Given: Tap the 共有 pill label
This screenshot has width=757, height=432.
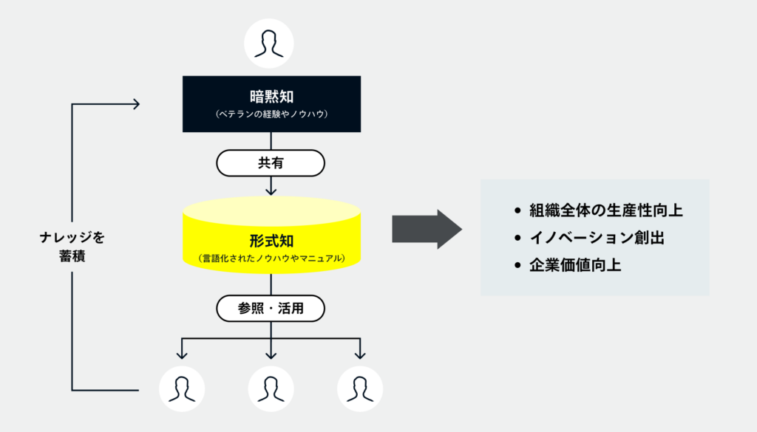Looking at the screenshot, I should pyautogui.click(x=270, y=163).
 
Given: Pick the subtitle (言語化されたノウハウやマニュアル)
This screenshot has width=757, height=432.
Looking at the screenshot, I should pyautogui.click(x=271, y=258).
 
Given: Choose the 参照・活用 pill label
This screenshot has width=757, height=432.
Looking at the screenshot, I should pyautogui.click(x=271, y=309).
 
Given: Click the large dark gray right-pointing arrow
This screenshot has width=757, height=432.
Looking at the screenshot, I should pyautogui.click(x=427, y=229).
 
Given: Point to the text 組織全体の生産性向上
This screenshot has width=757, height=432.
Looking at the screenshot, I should pyautogui.click(x=605, y=210).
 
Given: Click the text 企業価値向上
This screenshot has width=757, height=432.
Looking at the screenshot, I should pyautogui.click(x=575, y=265).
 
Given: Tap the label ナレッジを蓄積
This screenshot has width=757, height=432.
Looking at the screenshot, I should pyautogui.click(x=72, y=248).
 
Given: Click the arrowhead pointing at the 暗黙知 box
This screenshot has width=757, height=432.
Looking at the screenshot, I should pyautogui.click(x=135, y=104).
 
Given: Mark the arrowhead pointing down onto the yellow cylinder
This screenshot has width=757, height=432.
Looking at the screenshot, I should pyautogui.click(x=271, y=191).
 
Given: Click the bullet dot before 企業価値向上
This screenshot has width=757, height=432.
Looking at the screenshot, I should pyautogui.click(x=517, y=266).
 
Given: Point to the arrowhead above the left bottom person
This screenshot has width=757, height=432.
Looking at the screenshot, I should pyautogui.click(x=182, y=354).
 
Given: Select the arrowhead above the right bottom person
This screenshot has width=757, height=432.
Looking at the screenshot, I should pyautogui.click(x=359, y=354).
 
